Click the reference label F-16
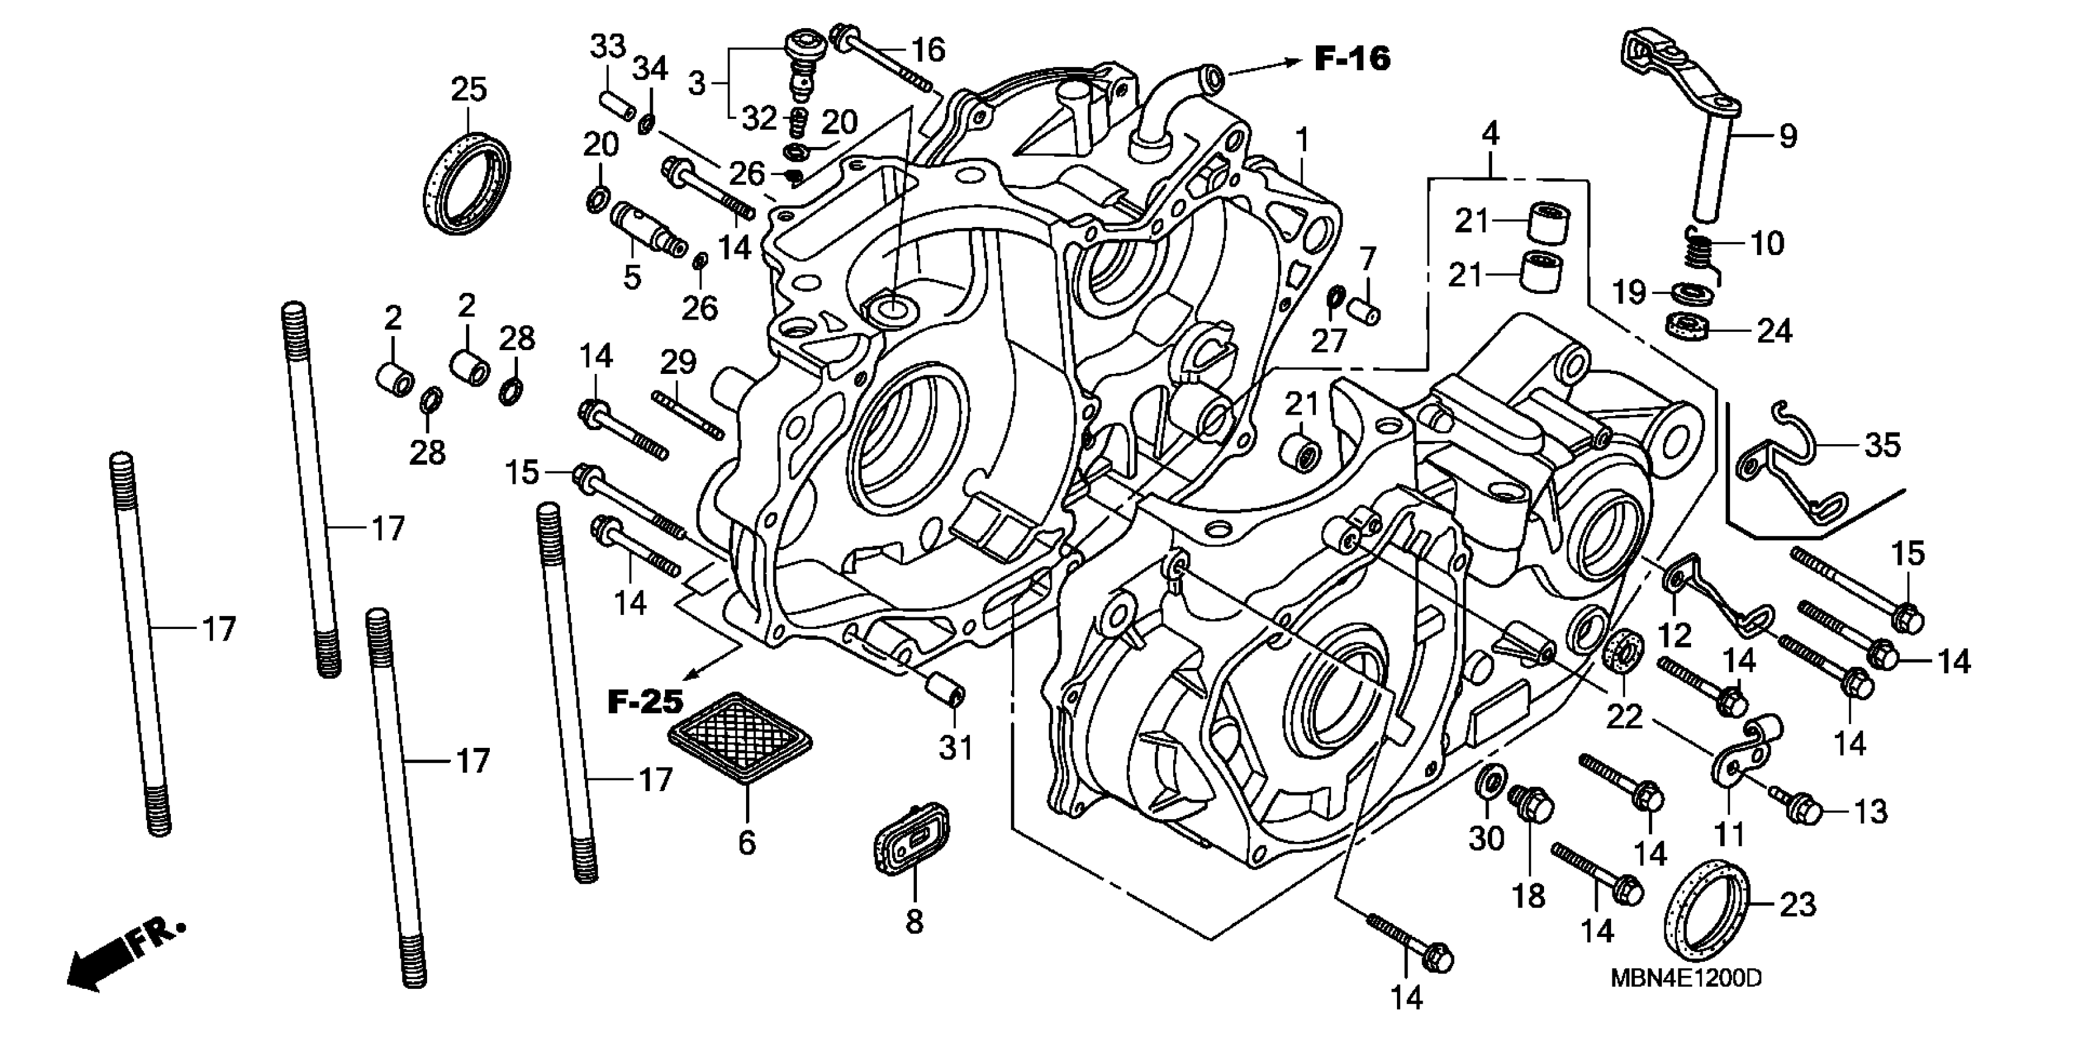[1353, 58]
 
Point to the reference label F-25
[645, 702]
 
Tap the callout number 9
[1788, 135]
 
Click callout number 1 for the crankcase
[1302, 142]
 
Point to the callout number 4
[1491, 133]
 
